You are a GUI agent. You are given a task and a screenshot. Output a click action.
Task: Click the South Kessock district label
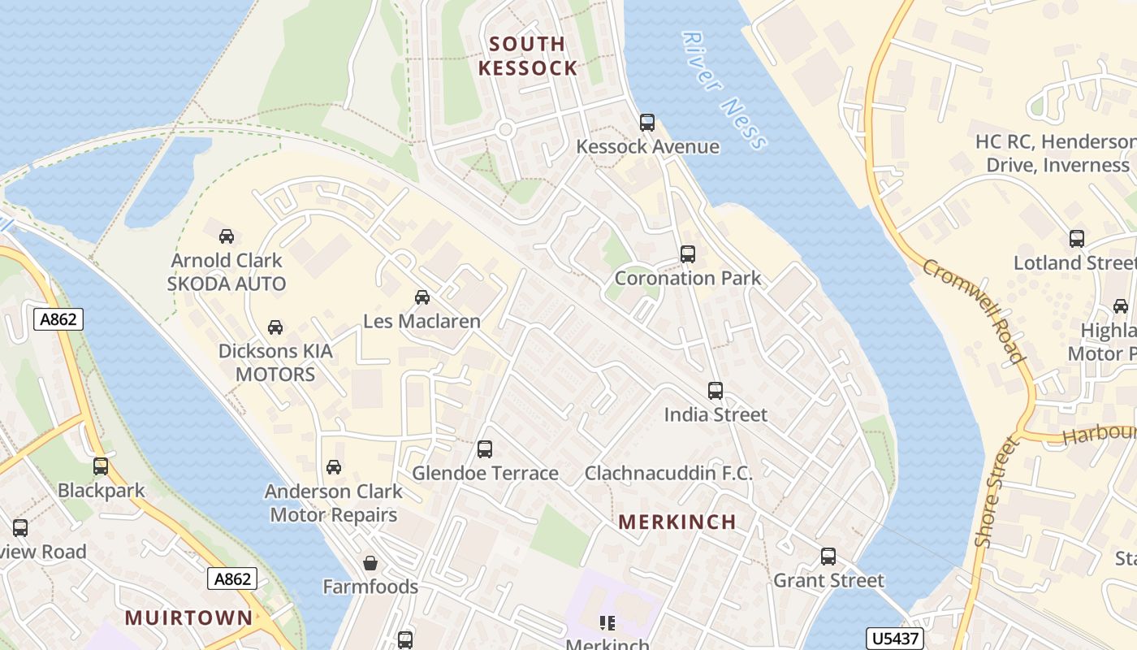tap(528, 55)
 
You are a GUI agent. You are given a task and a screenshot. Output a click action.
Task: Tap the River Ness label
tap(724, 91)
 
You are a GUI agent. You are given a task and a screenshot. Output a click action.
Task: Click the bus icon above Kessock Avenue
tap(646, 123)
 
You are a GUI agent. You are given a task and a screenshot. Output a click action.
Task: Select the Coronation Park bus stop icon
tap(688, 253)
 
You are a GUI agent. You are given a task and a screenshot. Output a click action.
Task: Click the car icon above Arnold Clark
tap(227, 236)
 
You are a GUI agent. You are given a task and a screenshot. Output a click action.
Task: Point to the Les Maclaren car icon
tap(422, 297)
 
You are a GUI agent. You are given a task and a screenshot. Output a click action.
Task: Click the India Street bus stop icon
tap(715, 391)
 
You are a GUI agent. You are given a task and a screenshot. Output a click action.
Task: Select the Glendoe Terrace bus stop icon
tap(485, 448)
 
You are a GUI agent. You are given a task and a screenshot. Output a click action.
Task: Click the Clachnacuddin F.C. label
tap(668, 473)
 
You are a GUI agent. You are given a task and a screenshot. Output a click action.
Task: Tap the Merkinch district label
tap(677, 522)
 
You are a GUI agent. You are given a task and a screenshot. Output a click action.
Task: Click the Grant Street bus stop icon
tap(828, 557)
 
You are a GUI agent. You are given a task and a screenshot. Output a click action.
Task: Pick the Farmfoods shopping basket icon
tap(370, 563)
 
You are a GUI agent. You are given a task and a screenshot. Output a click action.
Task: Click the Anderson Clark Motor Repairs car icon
tap(333, 467)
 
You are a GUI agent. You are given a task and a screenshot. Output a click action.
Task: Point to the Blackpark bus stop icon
tap(101, 466)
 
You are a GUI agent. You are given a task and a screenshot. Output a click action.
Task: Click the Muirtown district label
tap(188, 617)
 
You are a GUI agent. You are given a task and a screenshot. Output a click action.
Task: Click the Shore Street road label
tap(996, 492)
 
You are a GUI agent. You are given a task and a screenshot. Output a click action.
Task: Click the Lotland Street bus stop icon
tap(1076, 239)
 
